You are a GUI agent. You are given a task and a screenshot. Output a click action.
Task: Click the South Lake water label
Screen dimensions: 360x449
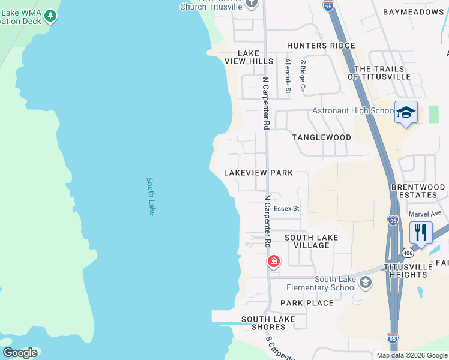[x=151, y=196]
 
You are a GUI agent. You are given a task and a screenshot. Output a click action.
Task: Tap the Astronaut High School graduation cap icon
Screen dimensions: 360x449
[x=406, y=112]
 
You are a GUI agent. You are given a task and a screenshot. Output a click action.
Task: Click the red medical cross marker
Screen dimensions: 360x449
[x=273, y=262]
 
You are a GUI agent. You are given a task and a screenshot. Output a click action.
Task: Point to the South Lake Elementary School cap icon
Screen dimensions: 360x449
[x=365, y=282]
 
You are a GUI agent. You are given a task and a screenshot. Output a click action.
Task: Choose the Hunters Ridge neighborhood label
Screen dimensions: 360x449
[x=321, y=46]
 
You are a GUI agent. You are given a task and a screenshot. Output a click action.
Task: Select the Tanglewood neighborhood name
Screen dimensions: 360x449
[x=321, y=137]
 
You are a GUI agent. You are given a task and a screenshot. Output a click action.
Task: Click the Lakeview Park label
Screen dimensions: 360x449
[x=258, y=173]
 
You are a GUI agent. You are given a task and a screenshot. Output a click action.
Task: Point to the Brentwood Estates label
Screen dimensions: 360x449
[x=418, y=191]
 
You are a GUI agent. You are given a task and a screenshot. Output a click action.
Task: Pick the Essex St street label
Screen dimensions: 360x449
[x=286, y=209]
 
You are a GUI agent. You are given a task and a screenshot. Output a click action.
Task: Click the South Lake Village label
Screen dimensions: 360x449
[x=311, y=241]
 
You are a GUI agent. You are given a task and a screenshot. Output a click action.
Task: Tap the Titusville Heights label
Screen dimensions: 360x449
[x=406, y=270]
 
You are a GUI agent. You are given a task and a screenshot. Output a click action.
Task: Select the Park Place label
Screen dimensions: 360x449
[x=307, y=303]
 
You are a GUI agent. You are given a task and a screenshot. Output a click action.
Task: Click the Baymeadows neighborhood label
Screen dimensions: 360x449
[x=412, y=12]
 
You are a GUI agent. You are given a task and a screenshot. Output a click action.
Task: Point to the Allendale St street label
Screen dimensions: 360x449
[x=288, y=76]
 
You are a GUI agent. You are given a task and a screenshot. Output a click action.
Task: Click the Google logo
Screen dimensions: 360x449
[x=20, y=353]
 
